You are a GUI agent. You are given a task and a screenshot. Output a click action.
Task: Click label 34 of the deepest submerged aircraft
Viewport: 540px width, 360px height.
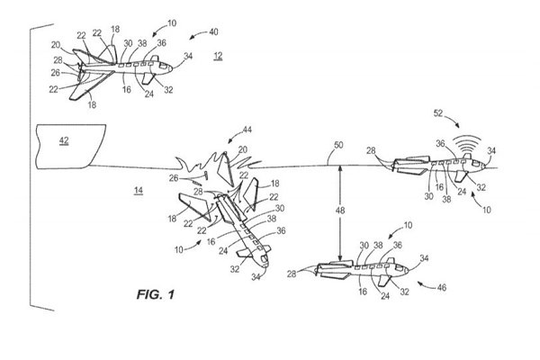422,259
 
